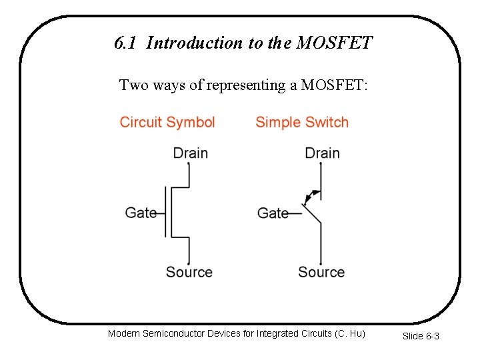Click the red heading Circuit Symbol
tap(167, 123)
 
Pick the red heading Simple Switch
tap(302, 123)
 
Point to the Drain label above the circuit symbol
tap(190, 153)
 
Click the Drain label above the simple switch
tap(322, 153)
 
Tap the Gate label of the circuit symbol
tap(141, 213)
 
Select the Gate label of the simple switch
tap(273, 213)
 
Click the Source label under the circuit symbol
tap(189, 272)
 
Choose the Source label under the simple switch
tap(321, 272)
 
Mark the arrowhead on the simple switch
tap(308, 197)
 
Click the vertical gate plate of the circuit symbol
tap(165, 212)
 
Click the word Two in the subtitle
tap(131, 85)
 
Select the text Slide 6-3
tap(421, 336)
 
